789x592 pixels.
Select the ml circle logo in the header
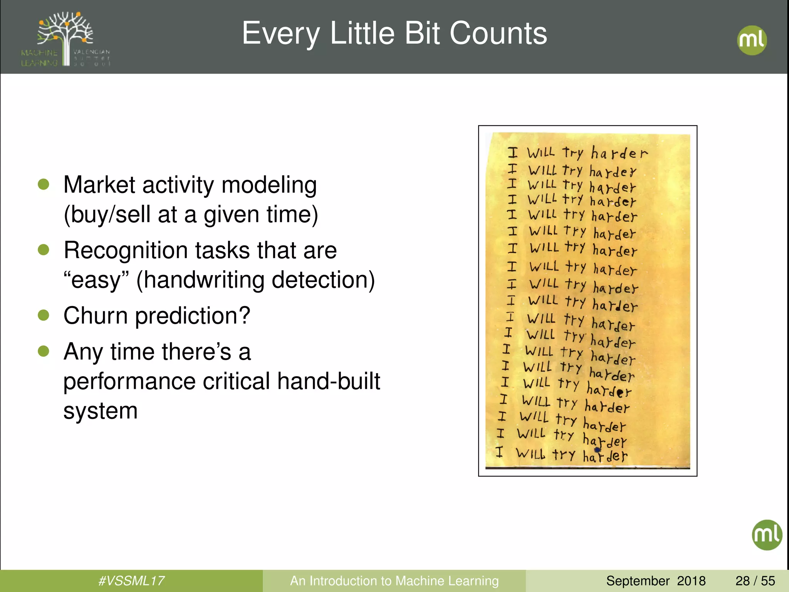[x=752, y=40]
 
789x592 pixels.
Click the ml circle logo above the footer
[x=766, y=535]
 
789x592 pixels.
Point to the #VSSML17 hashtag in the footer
[x=131, y=581]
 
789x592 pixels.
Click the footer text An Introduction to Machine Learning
[x=394, y=581]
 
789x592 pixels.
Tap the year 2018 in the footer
[x=691, y=581]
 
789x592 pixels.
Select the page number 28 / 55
[x=755, y=581]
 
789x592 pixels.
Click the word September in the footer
[x=638, y=581]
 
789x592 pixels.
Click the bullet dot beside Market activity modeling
[x=44, y=184]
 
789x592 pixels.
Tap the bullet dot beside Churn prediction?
[x=44, y=315]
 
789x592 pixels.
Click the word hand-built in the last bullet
[x=328, y=381]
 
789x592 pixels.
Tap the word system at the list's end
[x=100, y=411]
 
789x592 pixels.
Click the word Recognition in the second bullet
[x=126, y=250]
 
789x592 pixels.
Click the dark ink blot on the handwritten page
[x=598, y=450]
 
